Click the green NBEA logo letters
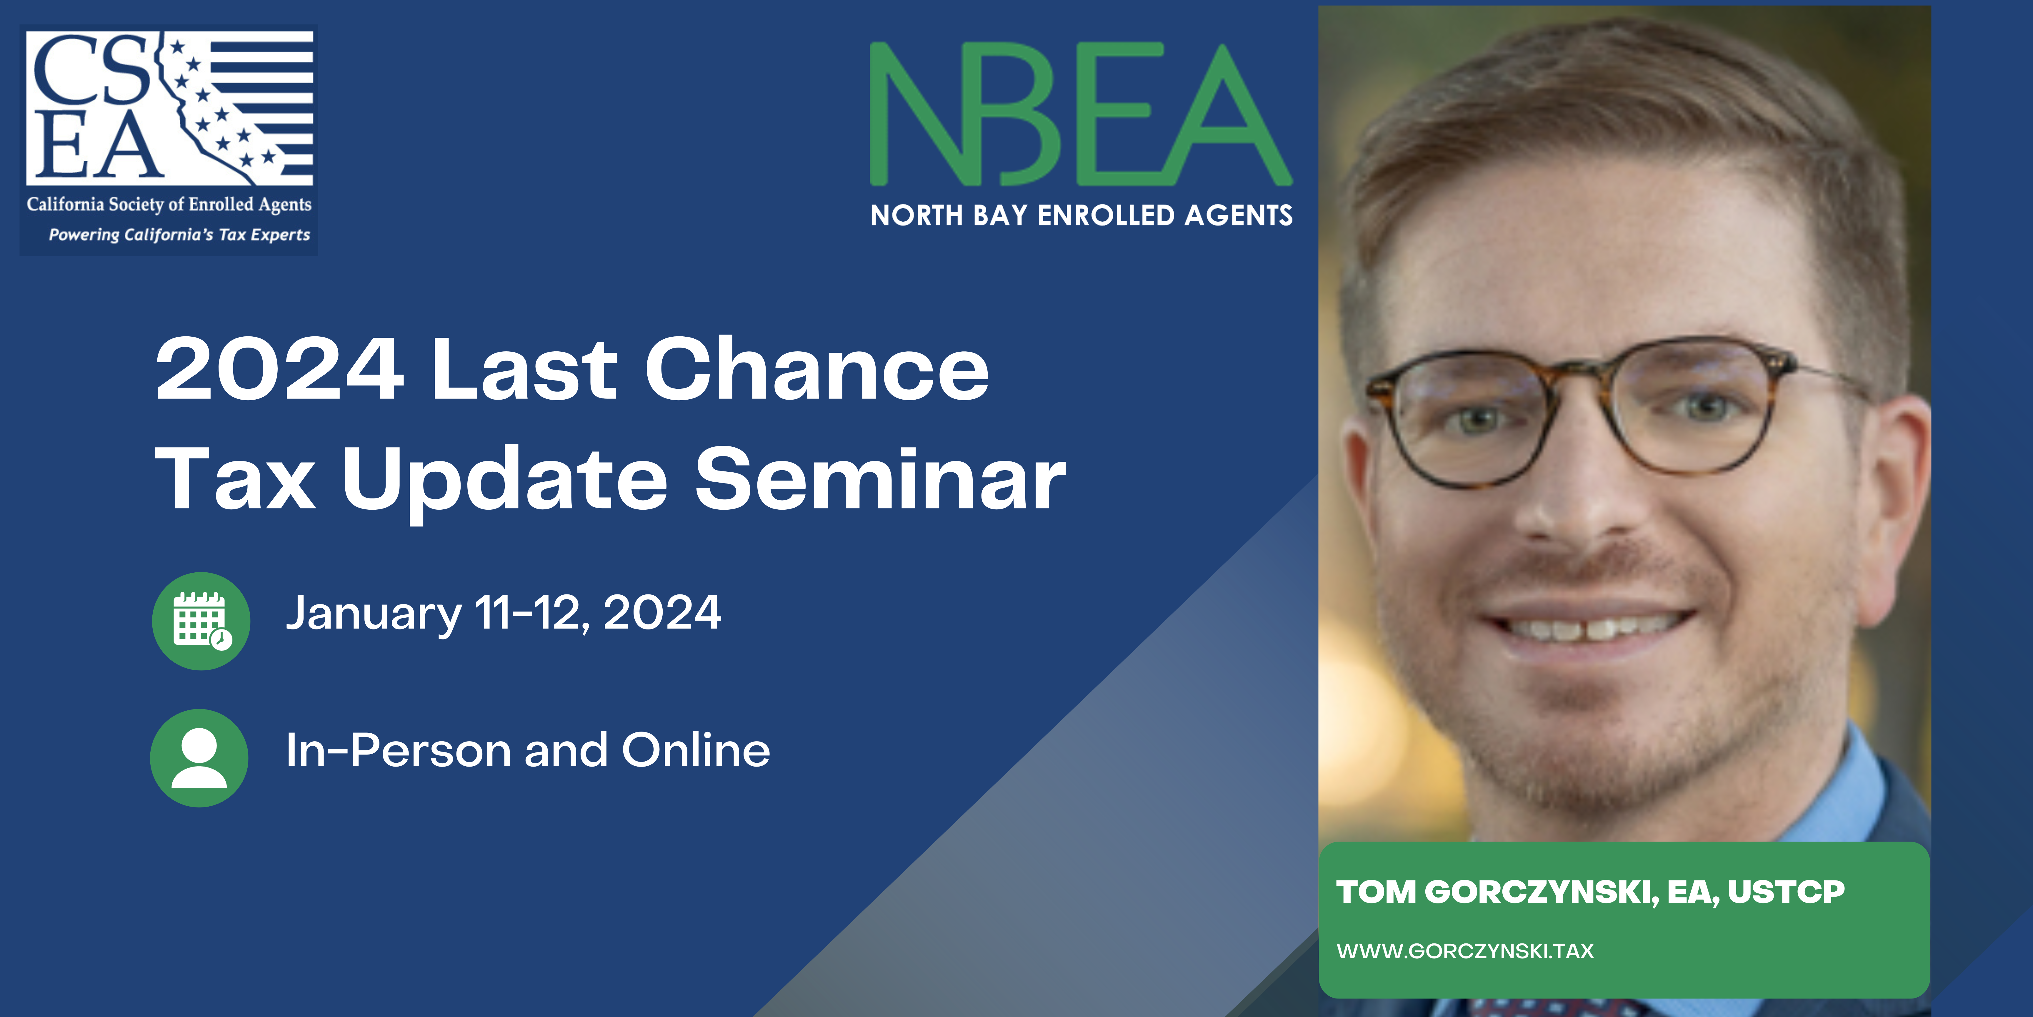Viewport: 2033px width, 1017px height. pos(1080,114)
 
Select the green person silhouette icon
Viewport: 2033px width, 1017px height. pos(199,758)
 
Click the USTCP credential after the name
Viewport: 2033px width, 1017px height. pos(1786,891)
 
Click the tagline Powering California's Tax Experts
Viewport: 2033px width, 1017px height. pos(179,235)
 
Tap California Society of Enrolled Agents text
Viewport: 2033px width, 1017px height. pos(169,205)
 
